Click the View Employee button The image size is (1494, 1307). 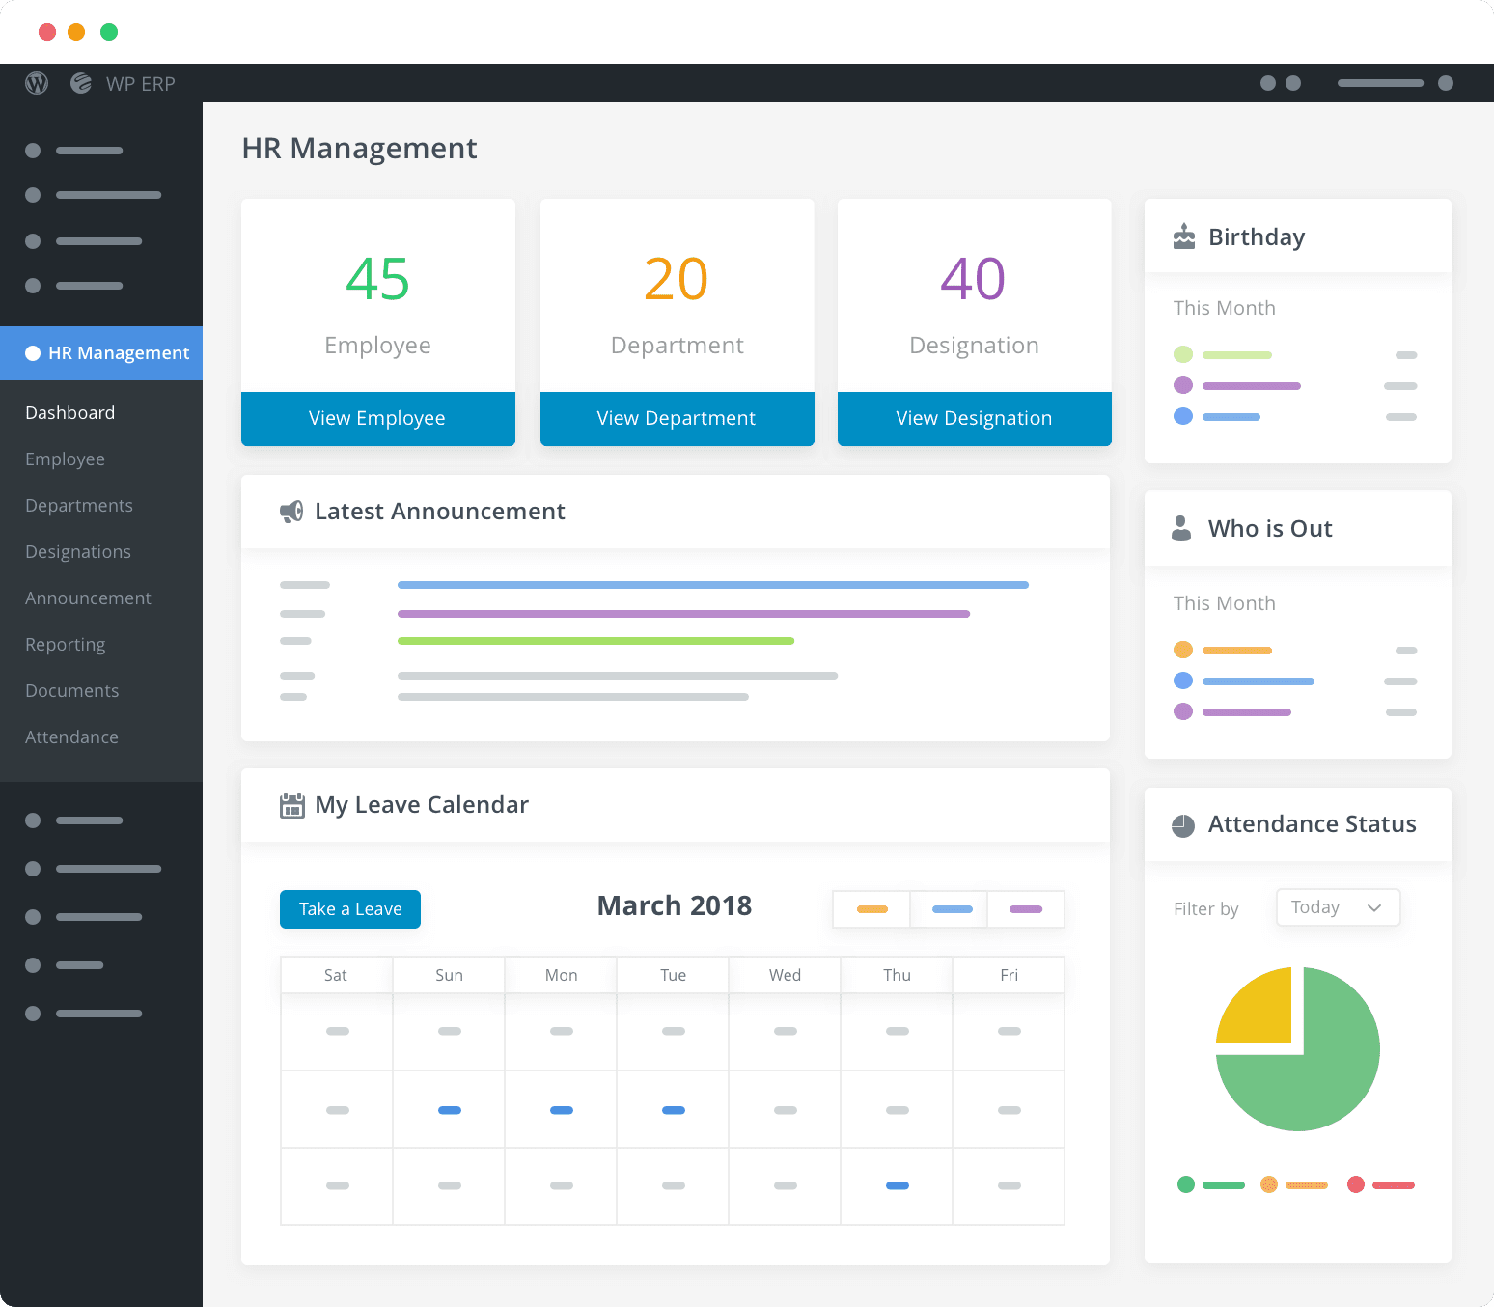pos(377,418)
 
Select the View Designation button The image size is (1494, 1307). pos(974,418)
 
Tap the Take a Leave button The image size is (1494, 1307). pos(350,909)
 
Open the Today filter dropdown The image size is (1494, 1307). pos(1338,907)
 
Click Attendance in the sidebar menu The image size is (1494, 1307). pos(71,737)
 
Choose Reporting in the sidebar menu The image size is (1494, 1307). pos(66,645)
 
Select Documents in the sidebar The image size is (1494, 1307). pos(72,691)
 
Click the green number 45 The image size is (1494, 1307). pos(377,280)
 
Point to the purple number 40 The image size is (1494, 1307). pos(973,280)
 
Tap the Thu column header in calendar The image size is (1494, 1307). pos(897,975)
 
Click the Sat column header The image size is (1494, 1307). pos(336,975)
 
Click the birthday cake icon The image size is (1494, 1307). pos(1184,236)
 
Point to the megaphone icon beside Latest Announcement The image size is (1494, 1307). pos(291,512)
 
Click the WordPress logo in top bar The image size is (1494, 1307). pos(37,84)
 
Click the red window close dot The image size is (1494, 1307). pos(46,32)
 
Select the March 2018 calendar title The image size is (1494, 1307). pos(674,905)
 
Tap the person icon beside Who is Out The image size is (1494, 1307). pos(1181,528)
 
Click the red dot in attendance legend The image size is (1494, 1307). pos(1356,1184)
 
